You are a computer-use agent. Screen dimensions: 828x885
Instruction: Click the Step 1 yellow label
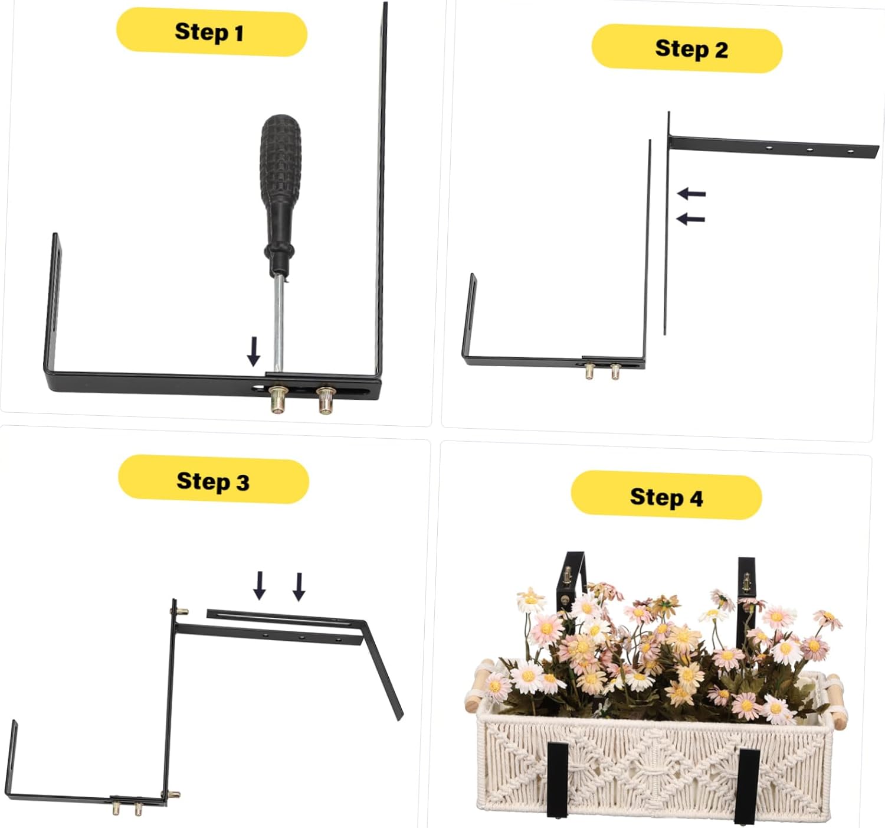pyautogui.click(x=211, y=32)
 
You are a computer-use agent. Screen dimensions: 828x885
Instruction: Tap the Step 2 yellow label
pyautogui.click(x=687, y=49)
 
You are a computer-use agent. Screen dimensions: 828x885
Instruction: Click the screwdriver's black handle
pyautogui.click(x=280, y=177)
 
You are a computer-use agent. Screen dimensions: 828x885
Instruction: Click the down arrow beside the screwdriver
pyautogui.click(x=254, y=351)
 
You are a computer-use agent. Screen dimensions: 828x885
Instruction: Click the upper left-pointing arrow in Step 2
pyautogui.click(x=691, y=193)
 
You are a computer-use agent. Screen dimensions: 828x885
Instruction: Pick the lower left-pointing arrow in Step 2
pyautogui.click(x=690, y=219)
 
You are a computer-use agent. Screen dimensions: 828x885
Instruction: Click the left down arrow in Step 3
pyautogui.click(x=259, y=585)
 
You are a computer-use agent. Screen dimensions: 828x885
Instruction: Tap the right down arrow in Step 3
pyautogui.click(x=299, y=586)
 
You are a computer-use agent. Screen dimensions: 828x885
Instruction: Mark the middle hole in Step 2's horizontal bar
pyautogui.click(x=809, y=150)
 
